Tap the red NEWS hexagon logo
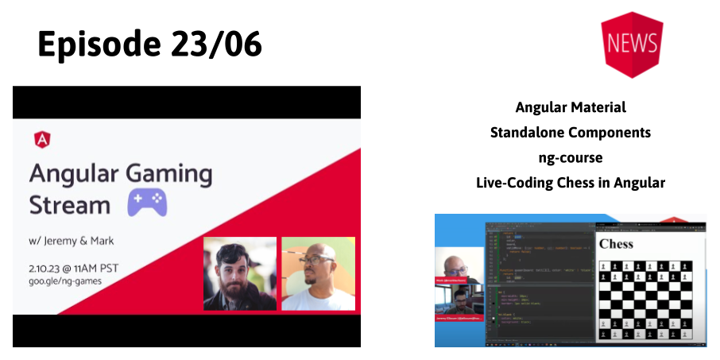(633, 44)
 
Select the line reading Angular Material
(570, 107)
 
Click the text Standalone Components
(570, 132)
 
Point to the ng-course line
(570, 157)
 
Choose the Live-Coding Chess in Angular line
(570, 183)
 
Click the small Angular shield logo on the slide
(43, 139)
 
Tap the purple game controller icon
(147, 203)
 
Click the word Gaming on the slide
(168, 173)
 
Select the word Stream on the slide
(70, 204)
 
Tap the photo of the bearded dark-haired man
(239, 273)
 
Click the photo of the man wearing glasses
(318, 273)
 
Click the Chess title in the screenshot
(616, 244)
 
